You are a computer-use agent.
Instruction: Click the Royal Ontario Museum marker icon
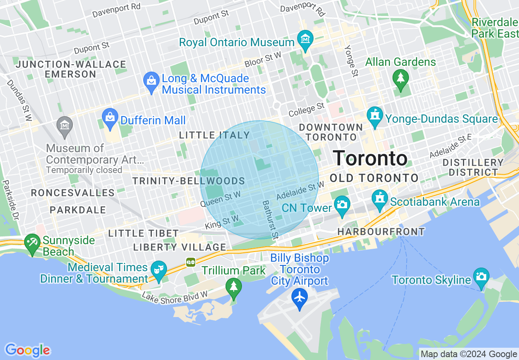(x=305, y=39)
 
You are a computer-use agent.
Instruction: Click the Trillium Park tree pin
(x=234, y=286)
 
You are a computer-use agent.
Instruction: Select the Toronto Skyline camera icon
(x=481, y=277)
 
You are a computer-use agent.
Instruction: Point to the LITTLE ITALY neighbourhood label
(x=214, y=135)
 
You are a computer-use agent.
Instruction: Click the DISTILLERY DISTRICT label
(x=473, y=167)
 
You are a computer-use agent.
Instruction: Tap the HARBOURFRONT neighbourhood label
(x=381, y=232)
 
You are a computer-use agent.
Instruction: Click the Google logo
(x=27, y=350)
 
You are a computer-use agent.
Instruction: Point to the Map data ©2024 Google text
(x=469, y=354)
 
